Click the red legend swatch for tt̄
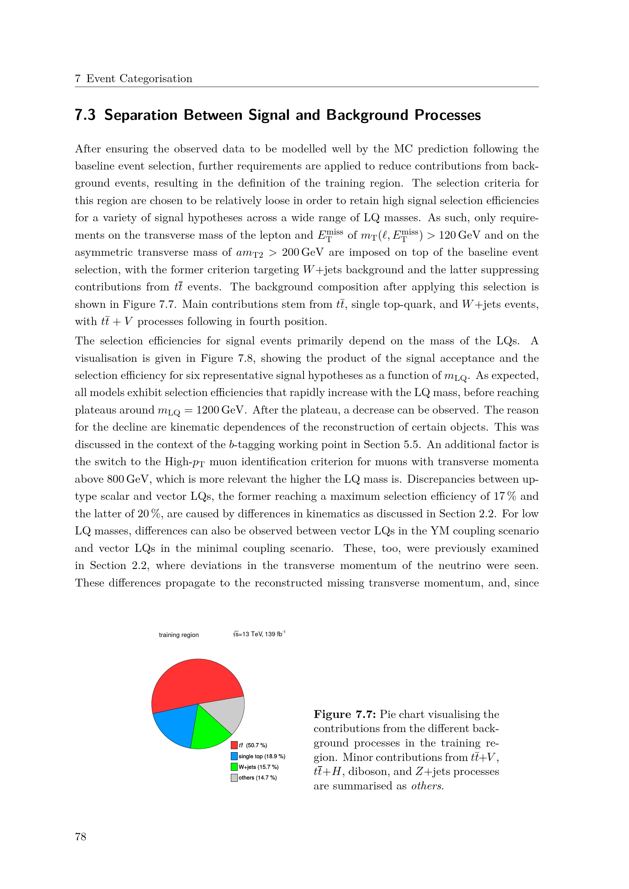coord(234,745)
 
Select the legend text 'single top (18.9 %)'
coord(262,756)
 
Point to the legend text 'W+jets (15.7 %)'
coord(258,767)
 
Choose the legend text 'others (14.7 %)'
coord(257,778)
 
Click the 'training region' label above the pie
coord(179,635)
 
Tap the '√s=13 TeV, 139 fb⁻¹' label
coord(259,634)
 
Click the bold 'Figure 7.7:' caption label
coord(344,715)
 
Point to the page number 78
coord(81,837)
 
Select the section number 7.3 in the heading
coord(85,115)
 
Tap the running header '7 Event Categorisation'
coord(133,79)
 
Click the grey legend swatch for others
coord(234,778)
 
